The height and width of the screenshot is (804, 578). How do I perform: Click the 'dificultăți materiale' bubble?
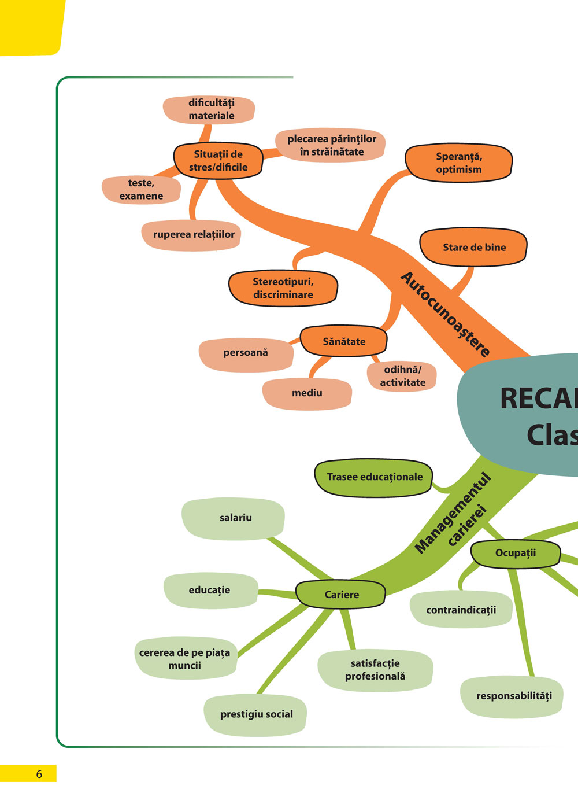pyautogui.click(x=210, y=109)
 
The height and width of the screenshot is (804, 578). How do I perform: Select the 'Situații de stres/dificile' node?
pyautogui.click(x=218, y=161)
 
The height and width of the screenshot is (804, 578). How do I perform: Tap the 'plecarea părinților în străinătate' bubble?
pyautogui.click(x=331, y=145)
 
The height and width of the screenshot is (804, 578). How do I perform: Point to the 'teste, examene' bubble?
pyautogui.click(x=141, y=190)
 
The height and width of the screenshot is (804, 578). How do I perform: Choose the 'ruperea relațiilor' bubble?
pyautogui.click(x=193, y=235)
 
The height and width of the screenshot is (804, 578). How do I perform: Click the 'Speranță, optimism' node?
pyautogui.click(x=459, y=163)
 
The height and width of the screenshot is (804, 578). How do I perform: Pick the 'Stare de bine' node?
pyautogui.click(x=474, y=247)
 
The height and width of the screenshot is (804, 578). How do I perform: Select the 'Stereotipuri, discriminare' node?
pyautogui.click(x=283, y=288)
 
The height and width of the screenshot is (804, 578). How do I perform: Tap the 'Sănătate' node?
pyautogui.click(x=344, y=341)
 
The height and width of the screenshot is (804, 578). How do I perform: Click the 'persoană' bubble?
pyautogui.click(x=246, y=352)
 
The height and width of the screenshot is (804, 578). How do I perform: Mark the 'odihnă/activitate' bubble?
pyautogui.click(x=402, y=376)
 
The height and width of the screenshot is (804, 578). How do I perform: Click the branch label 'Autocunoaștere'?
pyautogui.click(x=446, y=314)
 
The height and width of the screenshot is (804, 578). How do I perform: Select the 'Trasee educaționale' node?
pyautogui.click(x=374, y=477)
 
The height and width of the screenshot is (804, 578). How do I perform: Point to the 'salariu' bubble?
pyautogui.click(x=235, y=518)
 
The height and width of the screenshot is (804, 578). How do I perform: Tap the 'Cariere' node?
pyautogui.click(x=341, y=595)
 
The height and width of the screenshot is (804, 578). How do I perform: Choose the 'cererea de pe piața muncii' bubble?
pyautogui.click(x=185, y=659)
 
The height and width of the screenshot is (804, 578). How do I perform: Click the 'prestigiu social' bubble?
pyautogui.click(x=256, y=714)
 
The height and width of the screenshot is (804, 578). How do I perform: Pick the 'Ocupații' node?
pyautogui.click(x=516, y=553)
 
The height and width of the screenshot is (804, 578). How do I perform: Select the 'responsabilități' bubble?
pyautogui.click(x=513, y=696)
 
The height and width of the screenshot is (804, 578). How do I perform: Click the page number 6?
pyautogui.click(x=39, y=774)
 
